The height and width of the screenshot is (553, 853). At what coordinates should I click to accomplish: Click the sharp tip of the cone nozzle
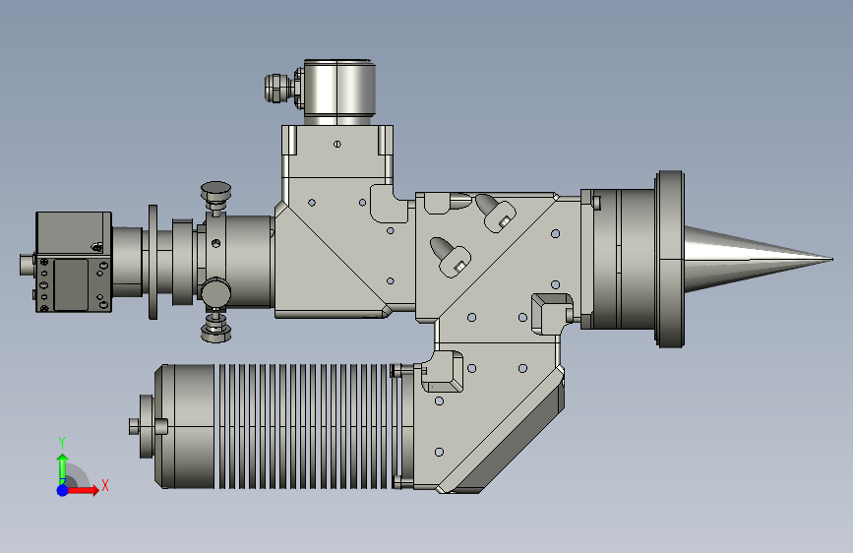pyautogui.click(x=831, y=259)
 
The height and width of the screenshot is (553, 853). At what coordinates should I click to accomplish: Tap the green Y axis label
pyautogui.click(x=62, y=442)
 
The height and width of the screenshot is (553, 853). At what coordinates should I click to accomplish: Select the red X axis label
pyautogui.click(x=105, y=485)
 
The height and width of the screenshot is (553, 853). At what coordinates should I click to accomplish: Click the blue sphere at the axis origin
pyautogui.click(x=63, y=490)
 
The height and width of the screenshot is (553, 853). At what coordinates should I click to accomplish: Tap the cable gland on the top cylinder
pyautogui.click(x=278, y=89)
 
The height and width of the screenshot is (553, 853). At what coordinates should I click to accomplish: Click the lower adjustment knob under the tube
pyautogui.click(x=216, y=327)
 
